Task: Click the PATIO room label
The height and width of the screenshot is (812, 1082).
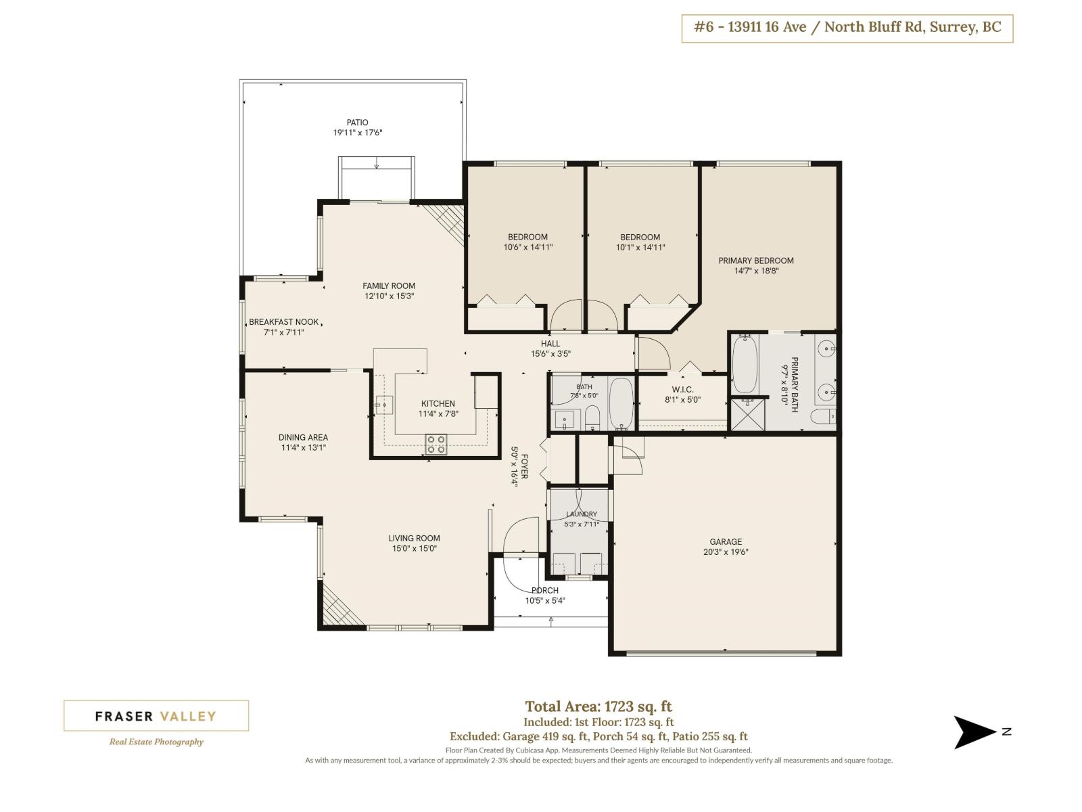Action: point(357,122)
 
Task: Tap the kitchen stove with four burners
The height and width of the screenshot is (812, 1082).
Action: point(436,444)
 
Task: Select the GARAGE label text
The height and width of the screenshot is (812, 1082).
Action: point(725,541)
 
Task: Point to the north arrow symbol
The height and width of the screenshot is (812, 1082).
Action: point(974,732)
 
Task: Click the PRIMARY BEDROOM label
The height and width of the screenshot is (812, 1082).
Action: point(755,261)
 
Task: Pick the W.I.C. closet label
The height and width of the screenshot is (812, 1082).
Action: point(682,390)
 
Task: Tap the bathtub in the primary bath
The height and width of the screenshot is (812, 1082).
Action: point(745,364)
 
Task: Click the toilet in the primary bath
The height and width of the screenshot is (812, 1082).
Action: point(823,417)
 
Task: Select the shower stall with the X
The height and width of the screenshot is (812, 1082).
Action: point(747,415)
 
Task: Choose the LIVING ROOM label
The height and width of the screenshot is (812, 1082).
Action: point(414,538)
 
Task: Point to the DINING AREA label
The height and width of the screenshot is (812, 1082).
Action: point(303,437)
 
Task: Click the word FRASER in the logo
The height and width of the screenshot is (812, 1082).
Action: point(124,716)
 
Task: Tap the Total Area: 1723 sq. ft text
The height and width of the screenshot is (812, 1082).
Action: point(598,706)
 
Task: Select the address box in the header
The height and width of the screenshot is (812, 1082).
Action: point(847,28)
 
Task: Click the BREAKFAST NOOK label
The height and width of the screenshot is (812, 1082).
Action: point(283,322)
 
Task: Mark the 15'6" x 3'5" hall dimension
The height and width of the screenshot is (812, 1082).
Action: point(550,353)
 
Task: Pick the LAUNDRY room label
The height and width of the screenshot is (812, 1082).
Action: point(581,514)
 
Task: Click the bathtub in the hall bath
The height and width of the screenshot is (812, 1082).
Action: point(621,404)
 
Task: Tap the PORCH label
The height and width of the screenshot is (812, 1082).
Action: point(544,590)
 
